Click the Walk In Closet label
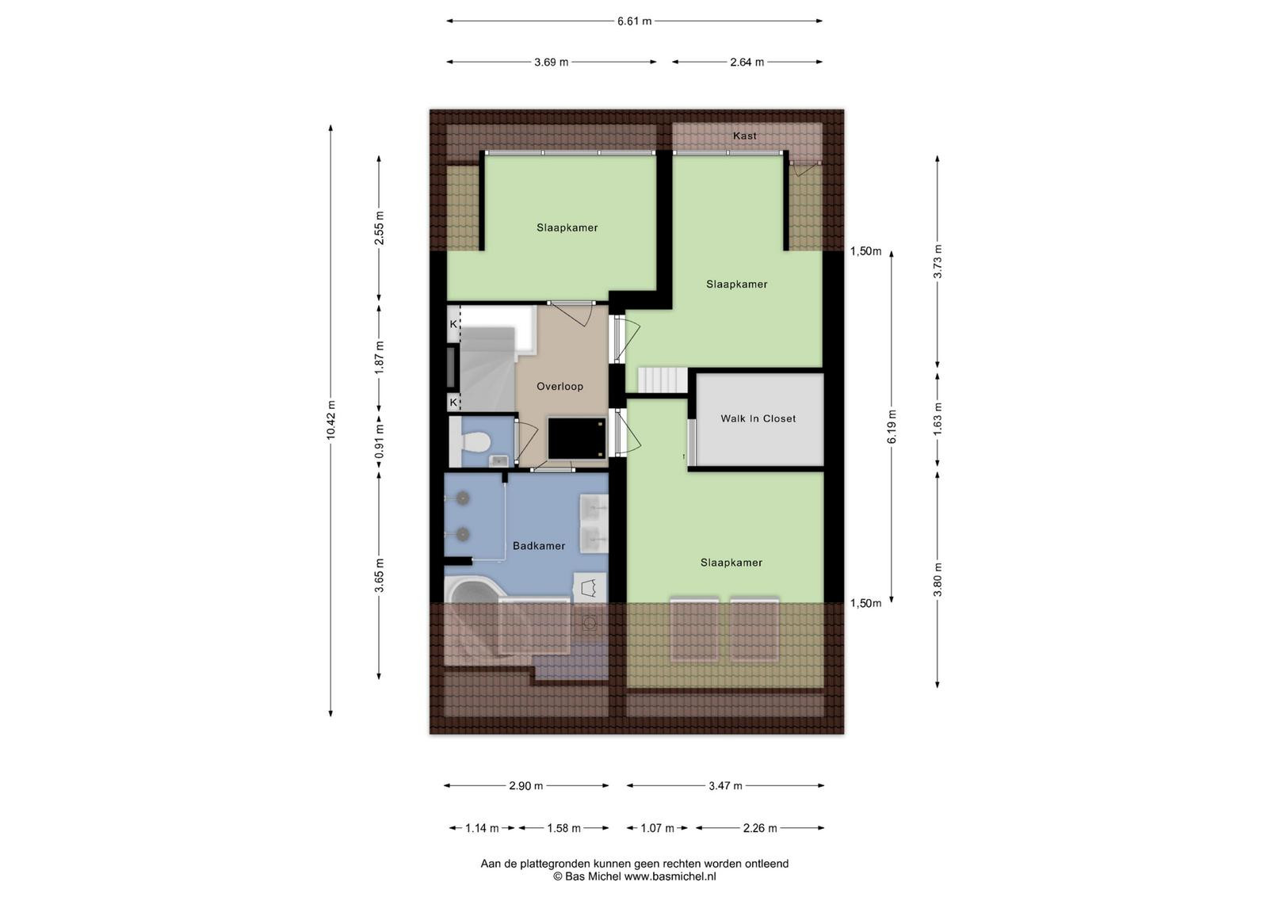click(758, 419)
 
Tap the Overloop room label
click(560, 387)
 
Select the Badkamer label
click(539, 546)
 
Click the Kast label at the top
click(744, 136)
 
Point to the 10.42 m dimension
click(331, 420)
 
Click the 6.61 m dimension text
click(635, 21)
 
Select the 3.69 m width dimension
click(552, 63)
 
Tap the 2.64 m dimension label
click(747, 63)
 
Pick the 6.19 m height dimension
click(892, 427)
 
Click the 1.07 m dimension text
click(657, 828)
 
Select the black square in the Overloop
click(577, 438)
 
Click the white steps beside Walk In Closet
click(663, 380)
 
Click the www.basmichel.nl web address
click(670, 876)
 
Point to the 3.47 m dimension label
click(725, 785)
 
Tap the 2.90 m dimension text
click(526, 785)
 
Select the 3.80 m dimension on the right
click(938, 579)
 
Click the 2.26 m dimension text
click(760, 828)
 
